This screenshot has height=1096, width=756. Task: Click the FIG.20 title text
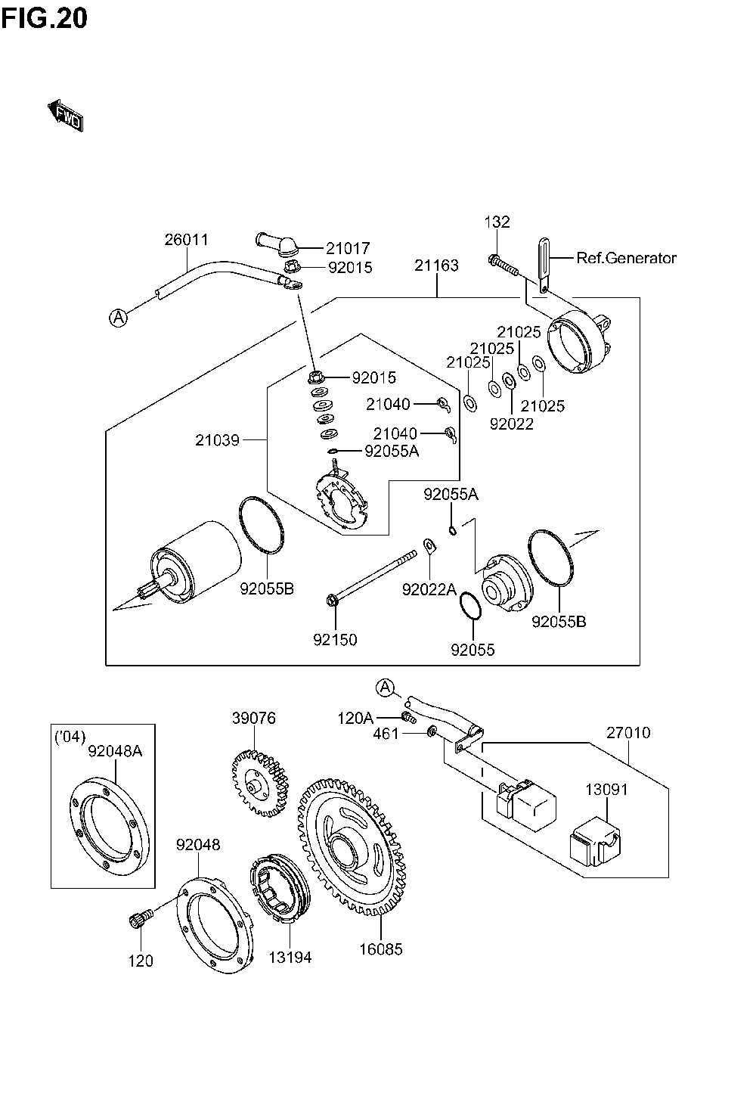tap(44, 19)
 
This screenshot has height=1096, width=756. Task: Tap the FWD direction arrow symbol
tap(66, 116)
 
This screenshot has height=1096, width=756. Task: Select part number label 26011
tap(186, 240)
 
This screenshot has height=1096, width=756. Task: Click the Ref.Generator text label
tap(627, 258)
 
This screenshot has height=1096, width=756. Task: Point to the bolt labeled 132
tap(503, 265)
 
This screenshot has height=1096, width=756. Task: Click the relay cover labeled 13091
tap(594, 841)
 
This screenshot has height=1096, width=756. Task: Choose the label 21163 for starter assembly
tap(437, 265)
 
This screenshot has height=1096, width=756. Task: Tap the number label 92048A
tap(115, 750)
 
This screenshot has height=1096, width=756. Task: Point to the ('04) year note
tap(70, 736)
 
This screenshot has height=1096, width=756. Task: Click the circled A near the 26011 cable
tap(118, 318)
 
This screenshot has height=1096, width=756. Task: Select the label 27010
tap(628, 732)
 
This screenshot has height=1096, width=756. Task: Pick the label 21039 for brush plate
tap(217, 440)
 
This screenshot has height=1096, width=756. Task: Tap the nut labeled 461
tap(432, 732)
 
